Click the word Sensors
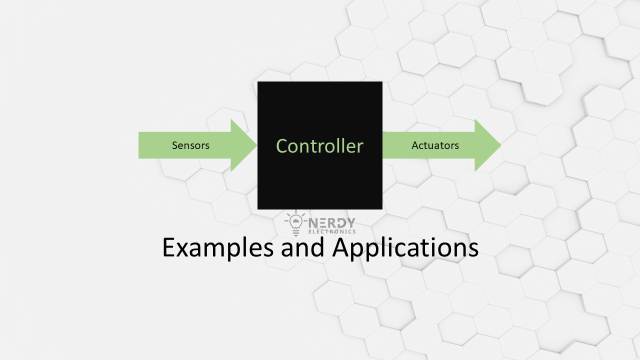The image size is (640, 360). click(190, 145)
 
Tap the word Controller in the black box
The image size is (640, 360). click(319, 146)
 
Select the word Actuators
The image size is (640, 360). click(435, 145)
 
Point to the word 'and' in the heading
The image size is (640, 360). click(303, 247)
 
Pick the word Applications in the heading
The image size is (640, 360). click(406, 247)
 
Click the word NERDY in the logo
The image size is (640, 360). click(332, 222)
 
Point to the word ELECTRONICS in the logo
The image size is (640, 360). click(332, 231)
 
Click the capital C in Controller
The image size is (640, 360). click(282, 146)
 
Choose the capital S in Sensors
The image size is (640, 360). click(175, 145)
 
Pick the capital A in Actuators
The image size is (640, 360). click(415, 145)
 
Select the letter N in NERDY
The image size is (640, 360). click(313, 222)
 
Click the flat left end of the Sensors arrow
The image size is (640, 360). click(139, 145)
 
